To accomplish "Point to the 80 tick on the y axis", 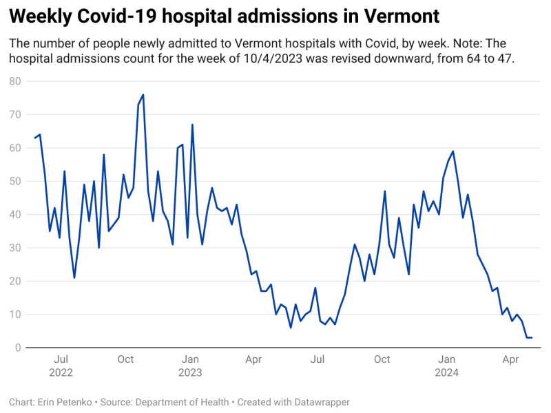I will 15,81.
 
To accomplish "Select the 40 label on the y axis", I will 15,215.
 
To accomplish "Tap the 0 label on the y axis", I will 18,348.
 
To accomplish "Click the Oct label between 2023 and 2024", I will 382,359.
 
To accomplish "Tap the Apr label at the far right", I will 510,359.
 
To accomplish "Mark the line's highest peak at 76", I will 143,95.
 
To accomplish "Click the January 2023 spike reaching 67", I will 192,125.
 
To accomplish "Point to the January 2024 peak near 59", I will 453,151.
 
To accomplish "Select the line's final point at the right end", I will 531,337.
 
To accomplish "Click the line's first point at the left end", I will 35,138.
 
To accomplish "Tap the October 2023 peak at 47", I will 384,191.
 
